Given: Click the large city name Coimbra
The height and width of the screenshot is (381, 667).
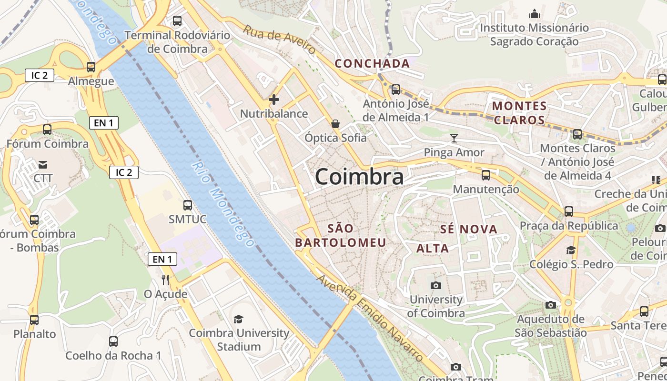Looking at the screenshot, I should pos(359,177).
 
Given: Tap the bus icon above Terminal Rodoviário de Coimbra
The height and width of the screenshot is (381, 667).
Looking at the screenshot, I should pos(177,21).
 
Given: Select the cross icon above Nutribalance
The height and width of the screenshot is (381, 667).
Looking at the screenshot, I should pos(274,100).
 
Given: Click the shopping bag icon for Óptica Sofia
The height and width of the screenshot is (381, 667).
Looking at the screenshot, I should pos(335,124).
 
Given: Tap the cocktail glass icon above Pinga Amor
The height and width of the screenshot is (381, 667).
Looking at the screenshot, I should pos(454,138).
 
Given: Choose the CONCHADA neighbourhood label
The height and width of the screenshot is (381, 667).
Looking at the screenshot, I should pos(372,63).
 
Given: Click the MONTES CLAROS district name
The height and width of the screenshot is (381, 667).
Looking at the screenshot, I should pos(519,113).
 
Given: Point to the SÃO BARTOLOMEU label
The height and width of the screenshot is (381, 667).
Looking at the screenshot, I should pos(340,235).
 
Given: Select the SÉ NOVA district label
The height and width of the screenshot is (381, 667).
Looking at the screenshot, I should pos(469,229).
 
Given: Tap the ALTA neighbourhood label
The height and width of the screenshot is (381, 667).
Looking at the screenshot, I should pos(433,248).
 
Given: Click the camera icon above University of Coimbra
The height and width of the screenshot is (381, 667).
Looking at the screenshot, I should pos(435,285).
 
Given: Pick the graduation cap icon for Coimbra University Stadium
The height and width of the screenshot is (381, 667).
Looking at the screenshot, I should pos(239,319).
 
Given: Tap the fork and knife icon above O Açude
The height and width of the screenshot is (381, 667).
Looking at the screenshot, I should pos(165,280).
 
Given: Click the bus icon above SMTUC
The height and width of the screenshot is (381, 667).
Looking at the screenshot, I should pos(188,205).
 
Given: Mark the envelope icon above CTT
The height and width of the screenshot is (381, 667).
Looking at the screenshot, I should pos(43,165).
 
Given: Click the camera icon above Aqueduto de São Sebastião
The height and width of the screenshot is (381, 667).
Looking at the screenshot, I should pos(551,305).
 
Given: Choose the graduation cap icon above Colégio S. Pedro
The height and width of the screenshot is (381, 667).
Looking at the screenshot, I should pos(571,250).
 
